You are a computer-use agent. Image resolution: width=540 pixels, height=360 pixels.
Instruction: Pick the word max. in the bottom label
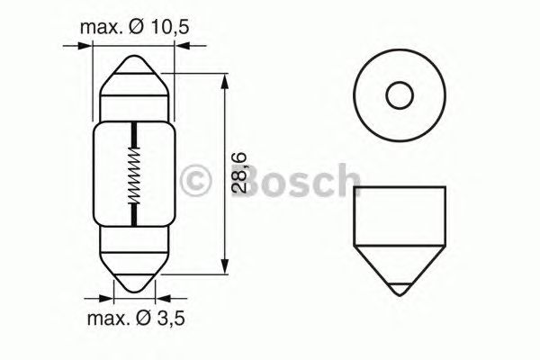(110, 319)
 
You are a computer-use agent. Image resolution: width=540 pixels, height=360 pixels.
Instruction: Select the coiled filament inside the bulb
(134, 177)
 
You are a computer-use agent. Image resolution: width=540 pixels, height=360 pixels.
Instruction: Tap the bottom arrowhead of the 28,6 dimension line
(222, 266)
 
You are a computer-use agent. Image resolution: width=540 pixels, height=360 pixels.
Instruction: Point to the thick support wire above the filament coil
(134, 135)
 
